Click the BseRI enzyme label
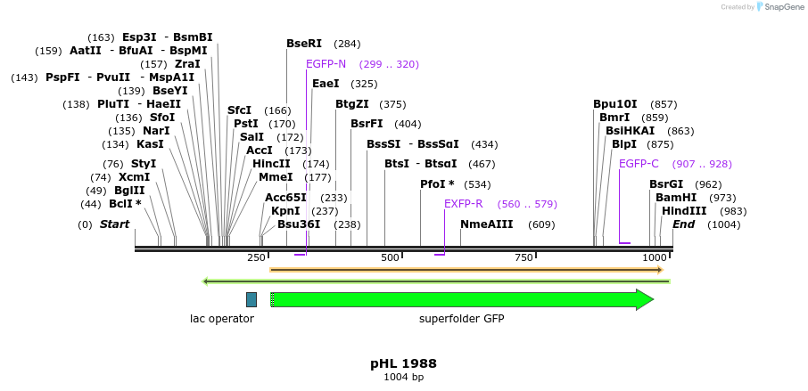[x=306, y=44]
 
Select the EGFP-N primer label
[x=326, y=64]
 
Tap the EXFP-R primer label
[x=463, y=204]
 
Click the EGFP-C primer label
[x=639, y=164]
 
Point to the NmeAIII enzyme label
[x=486, y=224]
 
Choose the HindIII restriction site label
[x=683, y=211]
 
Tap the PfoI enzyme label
[x=437, y=184]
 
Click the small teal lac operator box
[x=251, y=300]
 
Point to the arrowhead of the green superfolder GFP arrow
[x=645, y=300]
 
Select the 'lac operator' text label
[x=222, y=319]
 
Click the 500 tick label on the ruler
[x=390, y=258]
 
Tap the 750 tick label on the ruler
[x=524, y=258]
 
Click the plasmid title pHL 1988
[x=403, y=364]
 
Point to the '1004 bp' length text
[x=403, y=378]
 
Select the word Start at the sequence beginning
[x=114, y=224]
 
